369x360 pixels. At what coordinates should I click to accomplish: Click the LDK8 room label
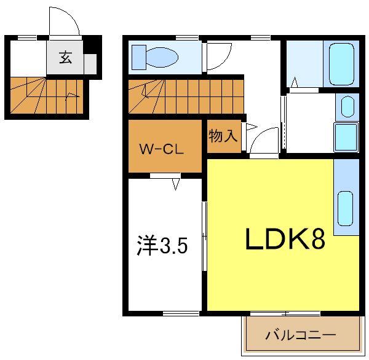coord(285,240)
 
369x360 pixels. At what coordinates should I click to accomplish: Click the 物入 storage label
coord(223,136)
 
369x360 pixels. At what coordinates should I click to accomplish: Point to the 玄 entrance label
coord(65,59)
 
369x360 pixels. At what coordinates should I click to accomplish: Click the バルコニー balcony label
coord(300,336)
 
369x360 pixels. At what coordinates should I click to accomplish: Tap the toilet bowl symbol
coord(156,57)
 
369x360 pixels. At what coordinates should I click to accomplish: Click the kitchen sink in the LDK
coord(346,207)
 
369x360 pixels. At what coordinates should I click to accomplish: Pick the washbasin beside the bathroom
coord(347,106)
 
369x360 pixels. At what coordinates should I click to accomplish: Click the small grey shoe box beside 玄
coord(90,64)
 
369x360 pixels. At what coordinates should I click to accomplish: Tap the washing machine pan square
coord(346,137)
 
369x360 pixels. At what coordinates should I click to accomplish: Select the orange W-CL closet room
coord(165,146)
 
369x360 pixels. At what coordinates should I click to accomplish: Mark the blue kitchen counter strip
coord(346,197)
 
